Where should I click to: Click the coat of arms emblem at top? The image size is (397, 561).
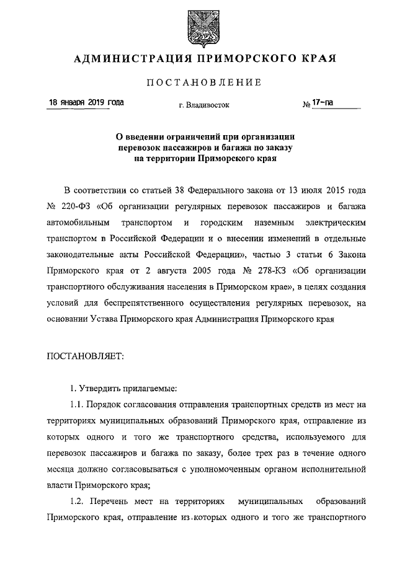click(198, 27)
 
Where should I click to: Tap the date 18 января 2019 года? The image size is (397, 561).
click(86, 102)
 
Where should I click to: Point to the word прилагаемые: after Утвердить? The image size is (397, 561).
click(146, 389)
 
